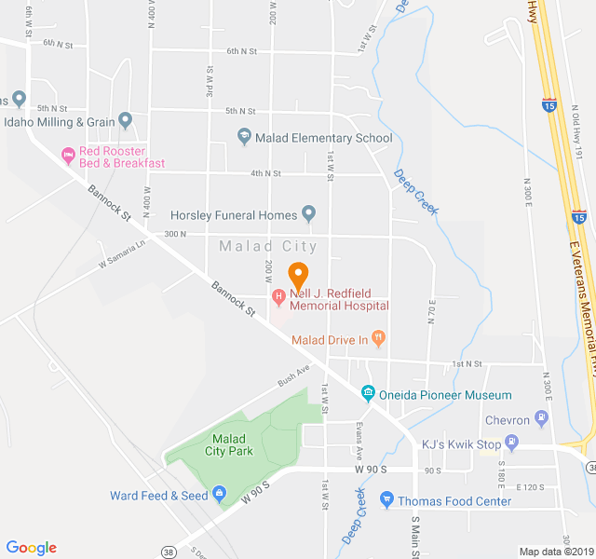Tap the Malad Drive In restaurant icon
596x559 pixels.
tap(378, 337)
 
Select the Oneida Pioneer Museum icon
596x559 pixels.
tap(368, 394)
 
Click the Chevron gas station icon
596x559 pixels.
tap(541, 417)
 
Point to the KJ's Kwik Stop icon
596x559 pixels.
tap(510, 443)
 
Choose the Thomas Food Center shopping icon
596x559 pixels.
tap(387, 500)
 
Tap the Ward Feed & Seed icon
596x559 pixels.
tap(219, 494)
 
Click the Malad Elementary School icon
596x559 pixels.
tap(244, 138)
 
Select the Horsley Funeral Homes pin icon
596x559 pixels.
tap(308, 215)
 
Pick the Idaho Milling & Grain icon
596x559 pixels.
tap(126, 121)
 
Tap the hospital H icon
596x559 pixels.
tap(278, 296)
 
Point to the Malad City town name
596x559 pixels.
tap(268, 247)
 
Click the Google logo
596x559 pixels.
tap(31, 548)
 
